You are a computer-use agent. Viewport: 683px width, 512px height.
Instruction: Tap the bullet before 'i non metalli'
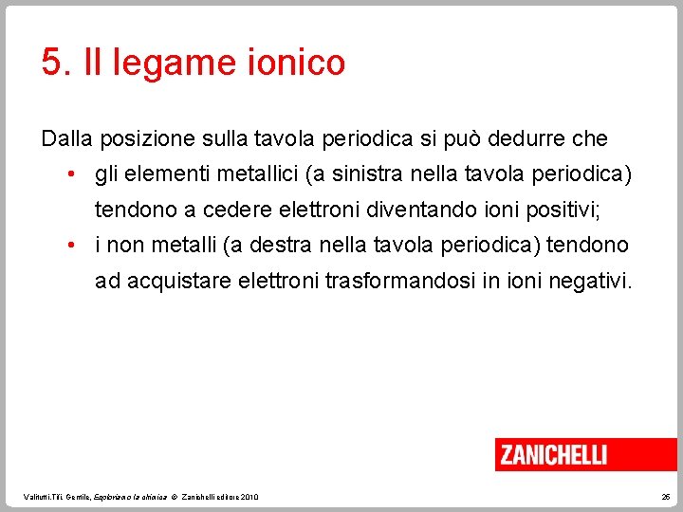pyautogui.click(x=72, y=246)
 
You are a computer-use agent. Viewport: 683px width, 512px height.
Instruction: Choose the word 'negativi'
pyautogui.click(x=587, y=282)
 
